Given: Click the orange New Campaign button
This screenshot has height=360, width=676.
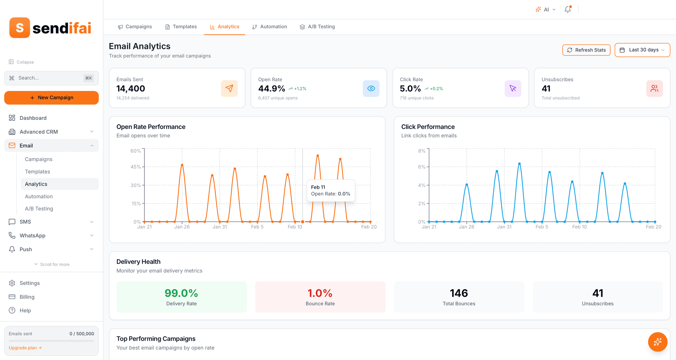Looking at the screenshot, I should tap(51, 98).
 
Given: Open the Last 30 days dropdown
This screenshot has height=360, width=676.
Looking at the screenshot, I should tap(642, 50).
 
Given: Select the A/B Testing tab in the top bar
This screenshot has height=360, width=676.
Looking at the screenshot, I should tap(317, 27).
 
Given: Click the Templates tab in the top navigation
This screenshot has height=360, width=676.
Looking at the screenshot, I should tap(181, 27).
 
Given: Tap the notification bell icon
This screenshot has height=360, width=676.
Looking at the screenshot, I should tap(568, 10).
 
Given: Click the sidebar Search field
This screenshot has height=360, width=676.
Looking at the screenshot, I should tap(49, 78).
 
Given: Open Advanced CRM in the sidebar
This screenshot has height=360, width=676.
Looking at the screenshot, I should tap(39, 132).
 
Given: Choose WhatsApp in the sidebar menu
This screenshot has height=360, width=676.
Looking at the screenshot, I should tap(32, 235).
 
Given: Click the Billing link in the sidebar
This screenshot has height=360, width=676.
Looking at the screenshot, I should tap(27, 297).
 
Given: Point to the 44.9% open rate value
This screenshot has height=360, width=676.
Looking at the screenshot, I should tap(271, 89).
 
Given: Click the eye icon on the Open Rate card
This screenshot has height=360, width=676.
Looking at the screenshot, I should tap(371, 88).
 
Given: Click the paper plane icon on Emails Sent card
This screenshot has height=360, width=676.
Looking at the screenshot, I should tap(229, 88).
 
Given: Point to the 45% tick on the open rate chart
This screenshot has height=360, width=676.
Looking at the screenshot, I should tap(136, 167).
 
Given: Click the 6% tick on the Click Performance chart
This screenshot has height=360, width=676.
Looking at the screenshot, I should tap(421, 167).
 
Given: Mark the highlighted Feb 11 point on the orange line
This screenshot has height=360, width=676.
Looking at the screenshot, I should tap(302, 222).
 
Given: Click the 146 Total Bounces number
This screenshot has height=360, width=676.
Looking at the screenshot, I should tap(459, 293).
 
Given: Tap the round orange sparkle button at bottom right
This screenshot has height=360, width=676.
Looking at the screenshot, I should tap(657, 342).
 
